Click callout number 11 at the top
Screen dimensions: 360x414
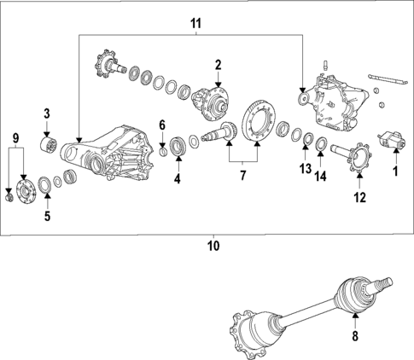click(195, 24)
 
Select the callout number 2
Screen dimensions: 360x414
click(218, 64)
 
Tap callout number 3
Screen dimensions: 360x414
click(47, 113)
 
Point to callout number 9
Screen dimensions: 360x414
click(15, 138)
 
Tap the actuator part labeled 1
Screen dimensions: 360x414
click(394, 140)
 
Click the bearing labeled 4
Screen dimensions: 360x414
click(178, 144)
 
